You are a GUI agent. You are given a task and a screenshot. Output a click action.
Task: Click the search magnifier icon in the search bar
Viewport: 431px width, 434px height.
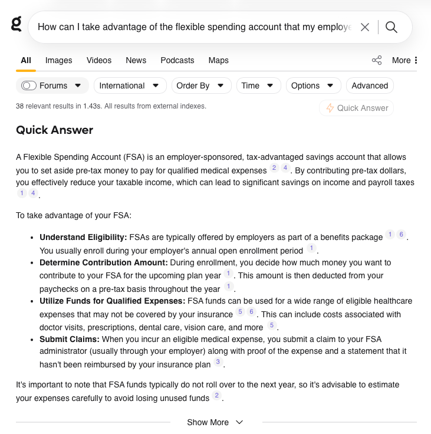pos(391,27)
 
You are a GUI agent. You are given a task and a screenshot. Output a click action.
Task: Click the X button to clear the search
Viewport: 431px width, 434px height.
pos(365,27)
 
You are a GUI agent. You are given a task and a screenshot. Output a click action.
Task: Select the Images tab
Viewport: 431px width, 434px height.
pos(58,60)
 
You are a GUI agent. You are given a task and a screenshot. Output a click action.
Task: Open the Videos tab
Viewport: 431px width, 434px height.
pos(98,60)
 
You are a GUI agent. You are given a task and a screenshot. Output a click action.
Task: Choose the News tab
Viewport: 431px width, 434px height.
pos(136,60)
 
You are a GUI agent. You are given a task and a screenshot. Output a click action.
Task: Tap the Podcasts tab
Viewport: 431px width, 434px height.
pos(177,60)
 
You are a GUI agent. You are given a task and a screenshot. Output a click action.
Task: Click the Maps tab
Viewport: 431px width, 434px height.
pos(218,60)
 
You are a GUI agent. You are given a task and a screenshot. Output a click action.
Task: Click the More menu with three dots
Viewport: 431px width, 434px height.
pos(404,60)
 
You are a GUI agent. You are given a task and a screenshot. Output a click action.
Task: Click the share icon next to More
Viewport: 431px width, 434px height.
pos(377,60)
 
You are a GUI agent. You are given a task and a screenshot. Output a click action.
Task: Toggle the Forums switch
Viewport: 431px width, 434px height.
pos(29,86)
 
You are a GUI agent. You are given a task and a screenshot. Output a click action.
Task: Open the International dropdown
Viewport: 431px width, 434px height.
pos(130,86)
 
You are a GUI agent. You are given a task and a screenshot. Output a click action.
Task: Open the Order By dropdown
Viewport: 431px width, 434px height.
pos(201,86)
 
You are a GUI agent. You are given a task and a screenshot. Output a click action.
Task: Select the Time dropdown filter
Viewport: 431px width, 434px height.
pos(258,86)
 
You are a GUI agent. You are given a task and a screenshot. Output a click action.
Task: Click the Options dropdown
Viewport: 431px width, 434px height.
pos(313,86)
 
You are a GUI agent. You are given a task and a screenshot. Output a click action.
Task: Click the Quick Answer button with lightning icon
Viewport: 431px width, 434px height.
pos(357,108)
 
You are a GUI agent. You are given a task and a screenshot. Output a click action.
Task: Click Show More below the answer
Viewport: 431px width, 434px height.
pos(215,422)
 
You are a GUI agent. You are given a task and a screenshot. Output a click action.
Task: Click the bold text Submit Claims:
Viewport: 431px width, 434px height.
pos(70,339)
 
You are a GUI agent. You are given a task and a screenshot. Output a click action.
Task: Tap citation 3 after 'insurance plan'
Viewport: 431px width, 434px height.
pos(218,362)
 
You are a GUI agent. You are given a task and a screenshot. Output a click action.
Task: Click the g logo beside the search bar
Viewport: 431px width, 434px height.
pos(17,24)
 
